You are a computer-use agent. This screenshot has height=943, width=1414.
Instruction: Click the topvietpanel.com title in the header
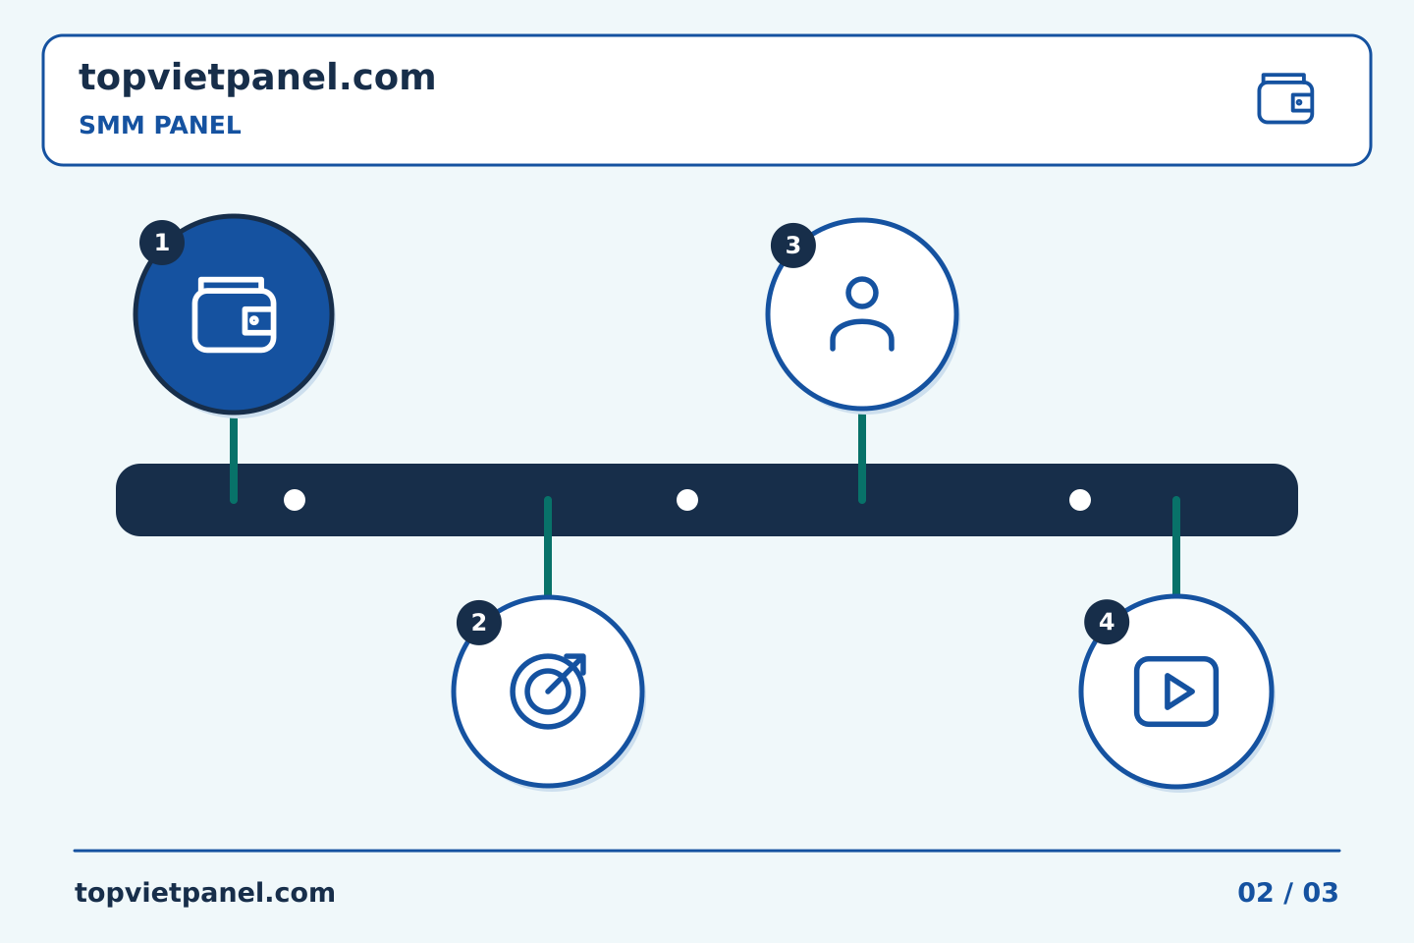pyautogui.click(x=257, y=79)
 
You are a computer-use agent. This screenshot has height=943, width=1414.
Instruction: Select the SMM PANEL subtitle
pyautogui.click(x=160, y=125)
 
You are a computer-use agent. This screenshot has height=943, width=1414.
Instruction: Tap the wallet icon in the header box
pyautogui.click(x=1285, y=98)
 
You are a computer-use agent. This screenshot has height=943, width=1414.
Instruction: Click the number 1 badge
pyautogui.click(x=162, y=243)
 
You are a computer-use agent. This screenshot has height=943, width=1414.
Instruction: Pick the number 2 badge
pyautogui.click(x=479, y=623)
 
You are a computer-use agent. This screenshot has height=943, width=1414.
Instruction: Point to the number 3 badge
pyautogui.click(x=792, y=246)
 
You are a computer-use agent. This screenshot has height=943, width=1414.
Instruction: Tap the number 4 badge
pyautogui.click(x=1107, y=622)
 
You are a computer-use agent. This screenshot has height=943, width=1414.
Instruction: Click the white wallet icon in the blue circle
pyautogui.click(x=234, y=314)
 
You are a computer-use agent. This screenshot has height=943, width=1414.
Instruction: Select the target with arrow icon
pyautogui.click(x=548, y=691)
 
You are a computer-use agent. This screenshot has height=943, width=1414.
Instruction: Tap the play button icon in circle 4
pyautogui.click(x=1176, y=692)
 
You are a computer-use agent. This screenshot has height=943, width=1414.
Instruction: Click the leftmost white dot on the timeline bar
pyautogui.click(x=295, y=500)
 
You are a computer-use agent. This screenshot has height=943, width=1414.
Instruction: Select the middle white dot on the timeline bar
pyautogui.click(x=686, y=500)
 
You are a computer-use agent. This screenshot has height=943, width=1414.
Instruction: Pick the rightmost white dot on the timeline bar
pyautogui.click(x=1079, y=500)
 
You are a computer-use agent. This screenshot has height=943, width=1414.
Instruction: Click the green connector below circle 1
pyautogui.click(x=234, y=461)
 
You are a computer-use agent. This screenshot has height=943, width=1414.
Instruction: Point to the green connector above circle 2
pyautogui.click(x=548, y=546)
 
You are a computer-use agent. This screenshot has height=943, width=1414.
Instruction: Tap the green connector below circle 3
pyautogui.click(x=862, y=459)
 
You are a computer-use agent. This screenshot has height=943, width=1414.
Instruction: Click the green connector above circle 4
pyautogui.click(x=1176, y=546)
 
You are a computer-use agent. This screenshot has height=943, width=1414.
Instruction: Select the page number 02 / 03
pyautogui.click(x=1287, y=893)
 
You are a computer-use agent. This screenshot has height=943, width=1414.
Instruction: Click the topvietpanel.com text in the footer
pyautogui.click(x=204, y=893)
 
